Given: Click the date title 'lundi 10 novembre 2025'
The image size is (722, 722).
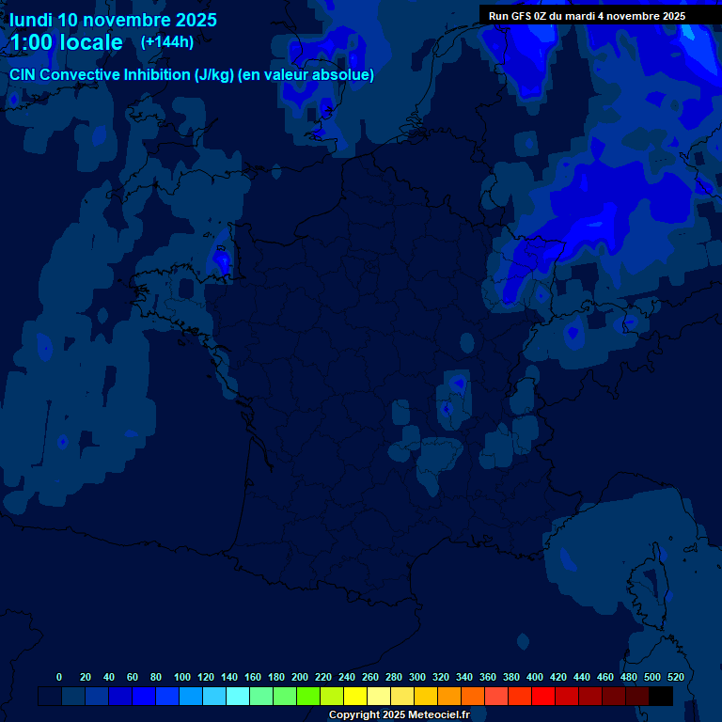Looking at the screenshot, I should pyautogui.click(x=113, y=20).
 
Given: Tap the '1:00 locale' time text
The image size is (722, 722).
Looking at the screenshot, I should pyautogui.click(x=66, y=42).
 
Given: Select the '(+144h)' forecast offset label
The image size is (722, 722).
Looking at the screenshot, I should pyautogui.click(x=167, y=41).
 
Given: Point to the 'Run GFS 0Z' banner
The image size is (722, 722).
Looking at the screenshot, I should pyautogui.click(x=587, y=16).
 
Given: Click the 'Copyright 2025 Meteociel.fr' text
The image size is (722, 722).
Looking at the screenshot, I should pyautogui.click(x=399, y=715).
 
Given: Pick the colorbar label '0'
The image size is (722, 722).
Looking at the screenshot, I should pyautogui.click(x=59, y=677).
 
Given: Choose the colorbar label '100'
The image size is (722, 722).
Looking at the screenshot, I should pyautogui.click(x=182, y=677).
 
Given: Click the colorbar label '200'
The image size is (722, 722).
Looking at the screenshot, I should pyautogui.click(x=300, y=677).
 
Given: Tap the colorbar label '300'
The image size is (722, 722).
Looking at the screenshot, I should pyautogui.click(x=417, y=677).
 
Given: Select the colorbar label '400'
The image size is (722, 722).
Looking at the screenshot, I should pyautogui.click(x=535, y=677).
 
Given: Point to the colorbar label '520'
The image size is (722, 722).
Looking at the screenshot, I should pyautogui.click(x=675, y=677).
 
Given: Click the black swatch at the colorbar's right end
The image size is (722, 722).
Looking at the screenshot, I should pyautogui.click(x=661, y=697).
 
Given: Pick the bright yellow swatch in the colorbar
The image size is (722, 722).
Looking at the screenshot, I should pyautogui.click(x=355, y=697).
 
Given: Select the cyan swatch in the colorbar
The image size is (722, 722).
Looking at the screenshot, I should pyautogui.click(x=238, y=697).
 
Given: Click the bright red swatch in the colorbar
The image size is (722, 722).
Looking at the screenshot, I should pyautogui.click(x=543, y=697).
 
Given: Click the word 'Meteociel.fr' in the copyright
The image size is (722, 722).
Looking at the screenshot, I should pyautogui.click(x=438, y=715).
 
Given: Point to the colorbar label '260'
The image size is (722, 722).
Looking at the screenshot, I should pyautogui.click(x=370, y=677).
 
